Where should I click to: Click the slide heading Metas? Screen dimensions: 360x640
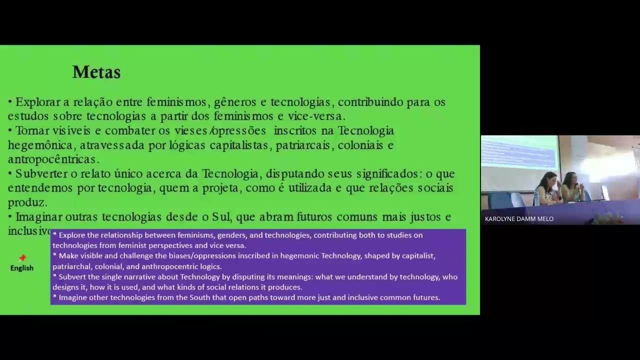pyautogui.click(x=96, y=72)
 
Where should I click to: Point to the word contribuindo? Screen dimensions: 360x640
pyautogui.click(x=370, y=102)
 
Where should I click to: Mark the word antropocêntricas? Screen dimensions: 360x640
pyautogui.click(x=53, y=159)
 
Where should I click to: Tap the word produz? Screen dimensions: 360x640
pyautogui.click(x=26, y=202)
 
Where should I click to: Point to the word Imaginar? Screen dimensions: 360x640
pyautogui.click(x=38, y=217)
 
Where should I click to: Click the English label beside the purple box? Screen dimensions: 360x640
pyautogui.click(x=22, y=268)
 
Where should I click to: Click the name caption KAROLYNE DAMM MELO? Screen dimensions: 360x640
pyautogui.click(x=519, y=219)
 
